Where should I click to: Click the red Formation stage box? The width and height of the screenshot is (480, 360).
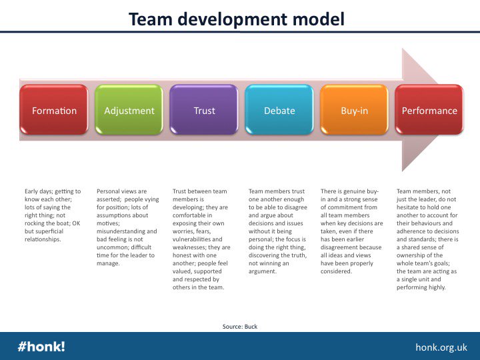(54, 111)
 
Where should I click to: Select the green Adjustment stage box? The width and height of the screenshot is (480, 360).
(129, 111)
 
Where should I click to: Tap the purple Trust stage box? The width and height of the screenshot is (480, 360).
(204, 111)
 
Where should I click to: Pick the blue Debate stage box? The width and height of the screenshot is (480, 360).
(279, 111)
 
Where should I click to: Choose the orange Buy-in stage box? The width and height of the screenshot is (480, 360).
(354, 111)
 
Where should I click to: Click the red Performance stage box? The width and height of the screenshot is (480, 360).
(429, 111)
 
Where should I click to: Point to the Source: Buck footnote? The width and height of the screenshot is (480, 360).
(239, 326)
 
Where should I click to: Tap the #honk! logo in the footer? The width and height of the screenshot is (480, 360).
(41, 347)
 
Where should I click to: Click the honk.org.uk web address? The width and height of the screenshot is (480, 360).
(441, 347)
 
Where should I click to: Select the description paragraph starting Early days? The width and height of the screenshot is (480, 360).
(53, 215)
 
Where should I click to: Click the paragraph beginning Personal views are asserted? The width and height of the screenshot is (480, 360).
(128, 227)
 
